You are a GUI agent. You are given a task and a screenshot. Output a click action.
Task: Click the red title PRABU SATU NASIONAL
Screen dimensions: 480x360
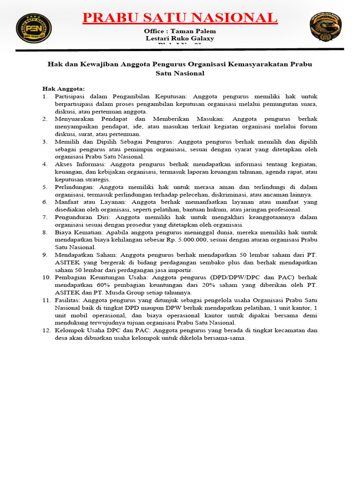[180, 18]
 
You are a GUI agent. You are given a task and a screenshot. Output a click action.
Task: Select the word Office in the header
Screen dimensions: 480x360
[155, 31]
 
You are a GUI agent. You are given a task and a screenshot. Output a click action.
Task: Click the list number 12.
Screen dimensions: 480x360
[46, 330]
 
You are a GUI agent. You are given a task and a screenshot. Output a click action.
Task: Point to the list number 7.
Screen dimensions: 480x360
[45, 217]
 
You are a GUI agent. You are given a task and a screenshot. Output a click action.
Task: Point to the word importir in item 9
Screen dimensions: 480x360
[179, 270]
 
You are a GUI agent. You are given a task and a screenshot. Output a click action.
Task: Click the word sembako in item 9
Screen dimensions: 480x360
[204, 262]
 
